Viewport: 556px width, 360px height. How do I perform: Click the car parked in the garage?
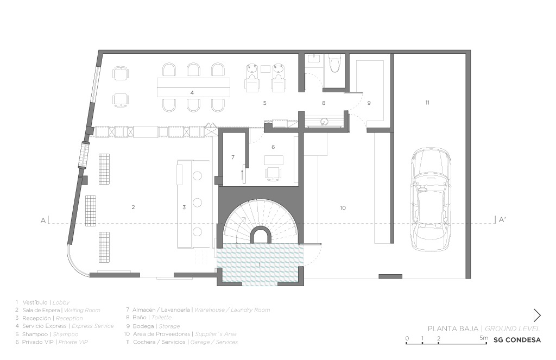click(x=430, y=199)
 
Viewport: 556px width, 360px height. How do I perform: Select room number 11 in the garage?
click(x=427, y=103)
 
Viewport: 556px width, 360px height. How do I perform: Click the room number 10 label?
click(x=343, y=208)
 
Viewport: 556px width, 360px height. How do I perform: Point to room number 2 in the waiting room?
click(x=133, y=207)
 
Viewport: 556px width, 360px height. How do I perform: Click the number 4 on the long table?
click(x=192, y=93)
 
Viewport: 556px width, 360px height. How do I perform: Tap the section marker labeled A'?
click(x=502, y=220)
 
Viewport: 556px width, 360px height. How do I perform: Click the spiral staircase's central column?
click(x=260, y=235)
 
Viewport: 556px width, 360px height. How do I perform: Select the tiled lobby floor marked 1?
click(x=260, y=264)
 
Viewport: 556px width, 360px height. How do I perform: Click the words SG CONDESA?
click(x=517, y=340)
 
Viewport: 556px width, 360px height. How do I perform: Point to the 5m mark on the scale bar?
click(x=483, y=338)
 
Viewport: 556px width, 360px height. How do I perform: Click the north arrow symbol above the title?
click(x=536, y=315)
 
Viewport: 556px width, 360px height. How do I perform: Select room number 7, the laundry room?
click(x=232, y=157)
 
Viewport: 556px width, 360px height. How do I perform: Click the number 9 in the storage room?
click(x=369, y=103)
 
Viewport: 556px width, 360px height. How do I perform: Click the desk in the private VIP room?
click(x=274, y=159)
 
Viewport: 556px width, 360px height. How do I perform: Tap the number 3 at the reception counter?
click(x=184, y=207)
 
